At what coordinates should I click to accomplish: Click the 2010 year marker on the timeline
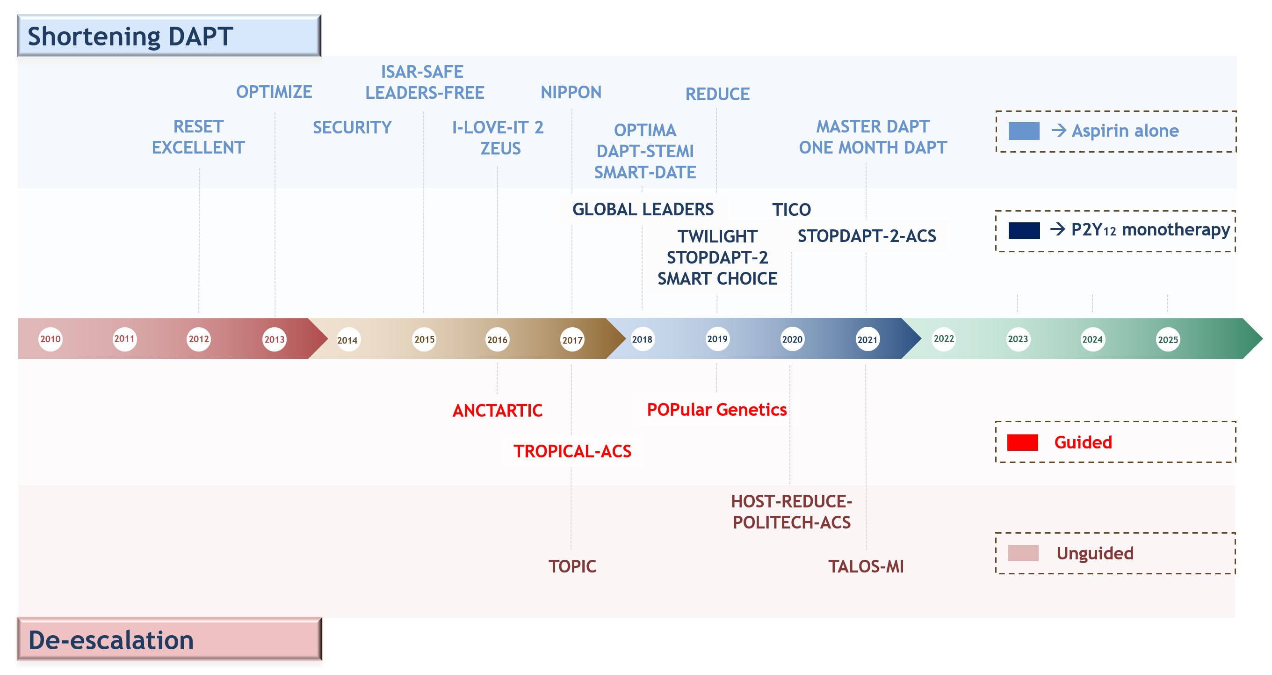point(51,339)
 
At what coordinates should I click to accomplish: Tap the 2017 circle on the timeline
point(572,340)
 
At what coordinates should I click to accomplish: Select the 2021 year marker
point(867,340)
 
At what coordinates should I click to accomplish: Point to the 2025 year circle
point(1168,340)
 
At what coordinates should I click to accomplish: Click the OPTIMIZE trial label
point(274,92)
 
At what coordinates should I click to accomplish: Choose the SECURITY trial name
point(352,127)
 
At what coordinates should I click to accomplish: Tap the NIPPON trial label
point(571,92)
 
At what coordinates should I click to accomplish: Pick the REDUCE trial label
point(717,94)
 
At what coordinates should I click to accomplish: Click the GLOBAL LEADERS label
point(643,210)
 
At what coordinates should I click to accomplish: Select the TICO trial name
point(792,210)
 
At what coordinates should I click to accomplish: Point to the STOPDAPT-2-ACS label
point(867,236)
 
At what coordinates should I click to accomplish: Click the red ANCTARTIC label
point(497,411)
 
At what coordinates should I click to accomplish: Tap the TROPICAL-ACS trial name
point(572,451)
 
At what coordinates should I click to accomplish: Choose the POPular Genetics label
point(716,410)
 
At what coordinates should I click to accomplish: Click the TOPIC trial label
point(572,566)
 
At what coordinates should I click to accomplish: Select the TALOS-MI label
point(866,566)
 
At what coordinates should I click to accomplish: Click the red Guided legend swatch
point(1022,442)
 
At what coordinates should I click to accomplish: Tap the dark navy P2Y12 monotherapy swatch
point(1024,230)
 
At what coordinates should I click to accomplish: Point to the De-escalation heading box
point(169,639)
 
